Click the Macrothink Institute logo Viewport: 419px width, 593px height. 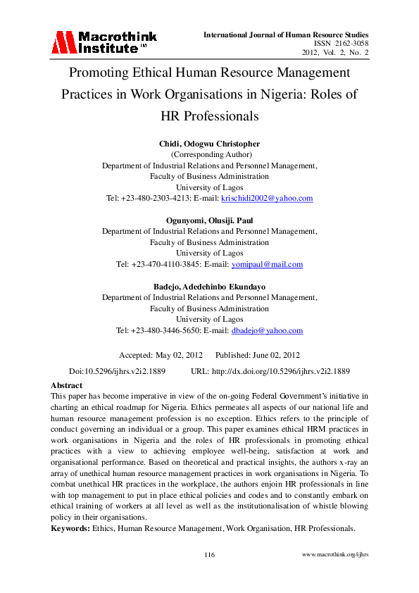pos(104,42)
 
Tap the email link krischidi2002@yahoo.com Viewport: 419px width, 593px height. pos(267,199)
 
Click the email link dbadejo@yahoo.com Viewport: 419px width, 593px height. pos(267,330)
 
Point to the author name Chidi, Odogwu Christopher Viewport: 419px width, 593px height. pos(209,144)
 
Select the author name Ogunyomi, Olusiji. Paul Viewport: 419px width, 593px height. pos(209,220)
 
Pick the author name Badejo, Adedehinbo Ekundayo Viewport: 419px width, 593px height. pos(209,287)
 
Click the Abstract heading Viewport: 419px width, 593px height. pos(66,385)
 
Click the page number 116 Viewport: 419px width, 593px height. pos(209,555)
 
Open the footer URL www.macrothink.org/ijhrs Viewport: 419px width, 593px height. pos(334,555)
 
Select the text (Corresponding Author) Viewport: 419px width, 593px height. pos(209,155)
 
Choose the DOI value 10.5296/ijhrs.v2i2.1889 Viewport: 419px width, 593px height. pos(125,370)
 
